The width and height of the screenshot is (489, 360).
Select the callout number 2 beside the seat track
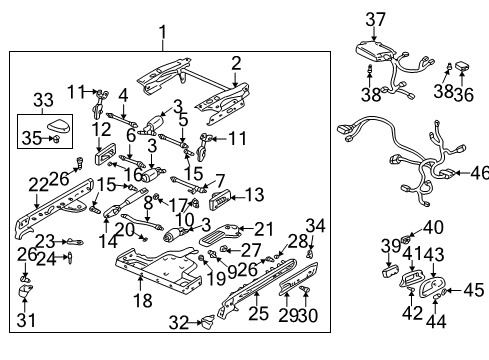click(236, 63)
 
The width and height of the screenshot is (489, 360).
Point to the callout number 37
click(375, 19)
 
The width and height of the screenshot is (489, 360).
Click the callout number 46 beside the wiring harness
click(479, 172)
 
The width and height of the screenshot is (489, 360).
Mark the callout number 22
click(37, 184)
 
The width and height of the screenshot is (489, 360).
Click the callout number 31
click(25, 320)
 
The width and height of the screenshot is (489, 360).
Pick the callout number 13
click(254, 194)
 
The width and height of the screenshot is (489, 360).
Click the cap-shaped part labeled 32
click(207, 321)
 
